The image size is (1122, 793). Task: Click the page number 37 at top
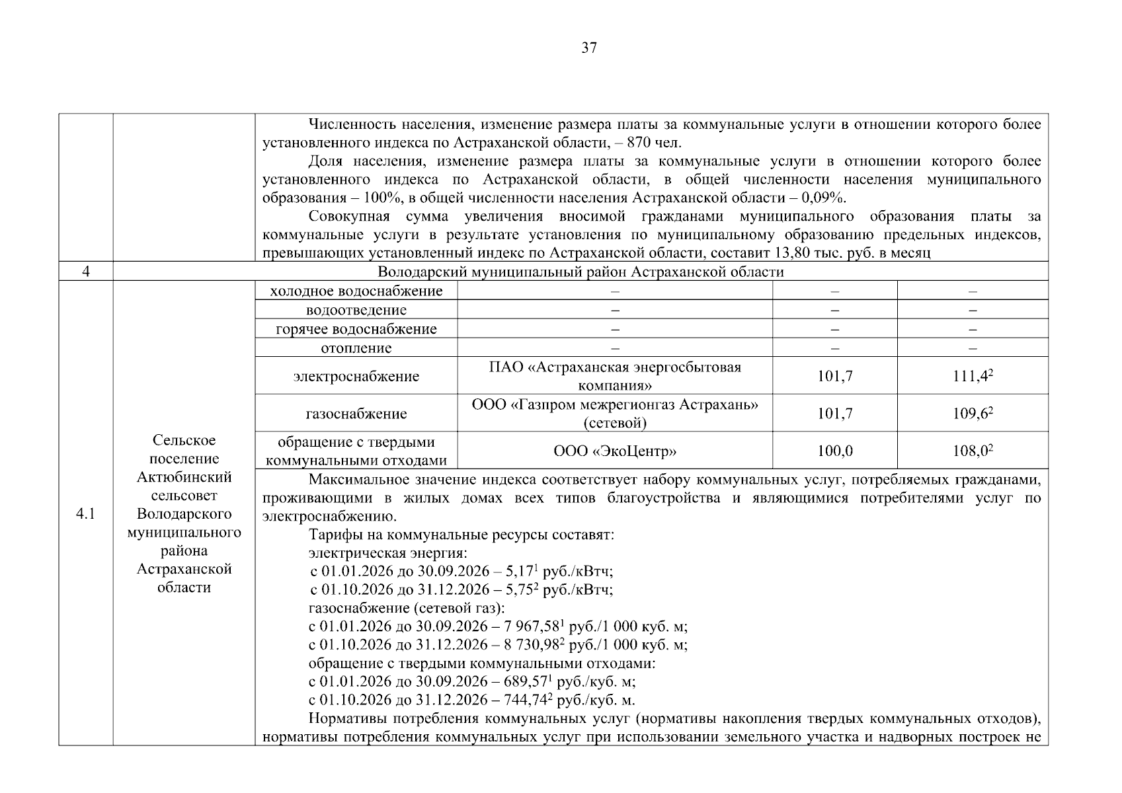pyautogui.click(x=588, y=48)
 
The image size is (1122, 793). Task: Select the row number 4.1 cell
pyautogui.click(x=85, y=513)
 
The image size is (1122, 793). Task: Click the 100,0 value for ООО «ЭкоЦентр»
pyautogui.click(x=834, y=451)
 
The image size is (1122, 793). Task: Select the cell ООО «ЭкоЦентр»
pyautogui.click(x=615, y=451)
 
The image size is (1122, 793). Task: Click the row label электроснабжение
pyautogui.click(x=356, y=376)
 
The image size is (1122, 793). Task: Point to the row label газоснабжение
pyautogui.click(x=356, y=414)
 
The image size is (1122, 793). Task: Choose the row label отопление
pyautogui.click(x=356, y=348)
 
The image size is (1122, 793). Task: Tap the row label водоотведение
pyautogui.click(x=356, y=310)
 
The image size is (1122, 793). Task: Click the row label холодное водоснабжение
pyautogui.click(x=356, y=291)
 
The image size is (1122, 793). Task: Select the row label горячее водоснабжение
pyautogui.click(x=356, y=329)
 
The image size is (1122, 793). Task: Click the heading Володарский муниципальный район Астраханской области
pyautogui.click(x=581, y=272)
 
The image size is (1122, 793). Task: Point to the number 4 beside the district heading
pyautogui.click(x=85, y=272)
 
